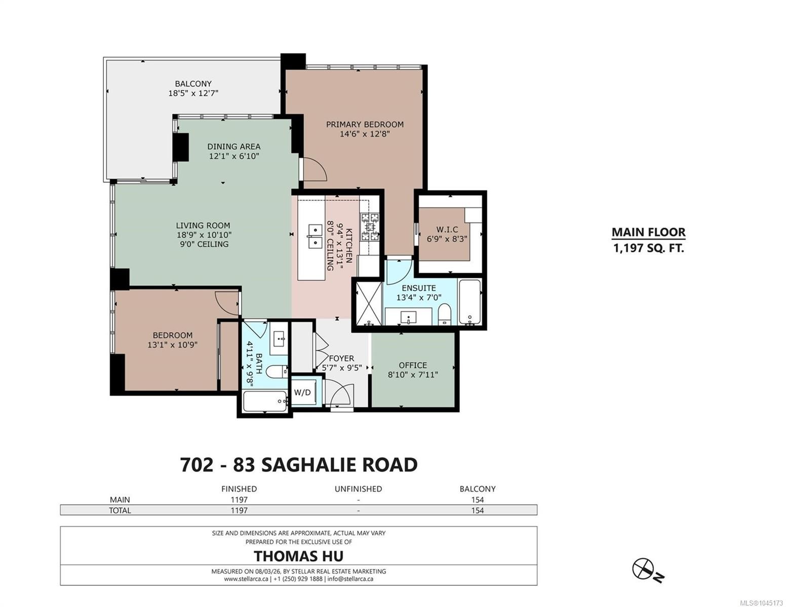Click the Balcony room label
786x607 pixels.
[x=193, y=84]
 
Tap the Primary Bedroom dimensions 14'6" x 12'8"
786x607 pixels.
[x=365, y=134]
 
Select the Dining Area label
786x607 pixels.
[x=233, y=147]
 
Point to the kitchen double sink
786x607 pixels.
[x=315, y=236]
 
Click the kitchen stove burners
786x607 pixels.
[x=369, y=227]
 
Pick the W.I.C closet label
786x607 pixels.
[x=447, y=229]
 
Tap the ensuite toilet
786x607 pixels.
[x=445, y=314]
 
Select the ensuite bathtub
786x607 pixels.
[x=469, y=301]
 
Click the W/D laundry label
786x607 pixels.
[x=302, y=393]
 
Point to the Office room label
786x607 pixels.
[x=413, y=365]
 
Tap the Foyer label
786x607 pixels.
[x=341, y=358]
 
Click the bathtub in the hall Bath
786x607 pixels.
[x=265, y=401]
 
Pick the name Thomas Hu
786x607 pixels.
[x=298, y=556]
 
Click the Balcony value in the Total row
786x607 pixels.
[x=478, y=510]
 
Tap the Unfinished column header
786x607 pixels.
[x=358, y=489]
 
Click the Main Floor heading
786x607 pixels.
[x=649, y=232]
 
